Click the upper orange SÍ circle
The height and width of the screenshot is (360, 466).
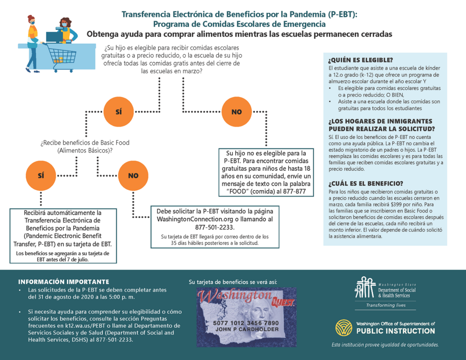[118, 112]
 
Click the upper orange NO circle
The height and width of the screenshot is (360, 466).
[237, 112]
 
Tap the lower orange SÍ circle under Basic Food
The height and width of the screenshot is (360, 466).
[41, 176]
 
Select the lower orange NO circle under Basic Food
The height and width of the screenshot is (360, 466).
[133, 176]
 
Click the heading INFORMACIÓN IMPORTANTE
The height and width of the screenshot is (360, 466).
[64, 282]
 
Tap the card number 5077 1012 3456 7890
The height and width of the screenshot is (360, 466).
[246, 323]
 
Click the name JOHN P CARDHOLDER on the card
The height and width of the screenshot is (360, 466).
[247, 330]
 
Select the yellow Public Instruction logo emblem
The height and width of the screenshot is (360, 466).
[344, 328]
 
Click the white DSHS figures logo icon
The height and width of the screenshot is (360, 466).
[365, 287]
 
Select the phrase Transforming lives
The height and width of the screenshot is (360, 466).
[386, 305]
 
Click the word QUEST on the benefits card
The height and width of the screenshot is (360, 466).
[283, 302]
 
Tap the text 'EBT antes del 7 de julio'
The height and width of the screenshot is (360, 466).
[63, 259]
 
